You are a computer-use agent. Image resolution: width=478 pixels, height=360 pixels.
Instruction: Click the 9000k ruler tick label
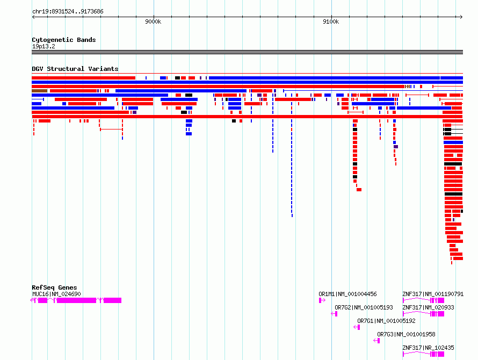(x=153, y=21)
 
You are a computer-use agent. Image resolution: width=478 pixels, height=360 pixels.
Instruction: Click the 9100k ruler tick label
(x=331, y=21)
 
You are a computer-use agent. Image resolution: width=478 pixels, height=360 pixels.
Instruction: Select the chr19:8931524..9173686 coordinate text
(x=68, y=12)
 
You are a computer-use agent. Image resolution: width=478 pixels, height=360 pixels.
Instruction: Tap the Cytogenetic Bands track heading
(x=64, y=40)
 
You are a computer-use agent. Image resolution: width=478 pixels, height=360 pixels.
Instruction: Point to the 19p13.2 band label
(x=44, y=46)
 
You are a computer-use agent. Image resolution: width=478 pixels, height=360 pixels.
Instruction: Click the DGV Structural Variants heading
(x=75, y=69)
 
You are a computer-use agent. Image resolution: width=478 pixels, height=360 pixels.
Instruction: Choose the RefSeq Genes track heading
(x=54, y=287)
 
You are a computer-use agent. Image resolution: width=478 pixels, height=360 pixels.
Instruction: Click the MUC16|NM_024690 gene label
(x=56, y=294)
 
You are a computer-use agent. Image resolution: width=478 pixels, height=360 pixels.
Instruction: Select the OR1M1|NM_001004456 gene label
(x=347, y=294)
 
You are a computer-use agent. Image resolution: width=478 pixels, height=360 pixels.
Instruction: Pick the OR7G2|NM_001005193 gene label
(x=364, y=307)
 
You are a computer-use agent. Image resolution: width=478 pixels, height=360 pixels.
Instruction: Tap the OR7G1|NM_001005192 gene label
(x=386, y=321)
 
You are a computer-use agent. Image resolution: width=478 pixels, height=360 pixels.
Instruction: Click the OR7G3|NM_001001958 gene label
(x=406, y=334)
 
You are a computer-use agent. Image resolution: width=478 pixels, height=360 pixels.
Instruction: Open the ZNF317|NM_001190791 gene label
(x=433, y=294)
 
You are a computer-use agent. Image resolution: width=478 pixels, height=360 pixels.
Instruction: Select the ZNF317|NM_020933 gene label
(x=428, y=307)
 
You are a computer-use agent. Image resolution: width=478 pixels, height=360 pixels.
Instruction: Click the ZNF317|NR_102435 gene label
(x=428, y=348)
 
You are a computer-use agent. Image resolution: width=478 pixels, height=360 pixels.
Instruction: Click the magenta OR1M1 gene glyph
(x=322, y=300)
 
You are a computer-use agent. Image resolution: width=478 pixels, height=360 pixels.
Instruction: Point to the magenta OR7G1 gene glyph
(x=357, y=327)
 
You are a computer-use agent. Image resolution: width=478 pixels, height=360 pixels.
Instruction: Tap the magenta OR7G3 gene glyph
(x=377, y=341)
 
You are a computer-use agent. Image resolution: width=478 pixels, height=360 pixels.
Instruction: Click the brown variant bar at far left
(x=39, y=91)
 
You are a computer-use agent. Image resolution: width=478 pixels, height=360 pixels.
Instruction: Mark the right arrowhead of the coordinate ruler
(x=462, y=17)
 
